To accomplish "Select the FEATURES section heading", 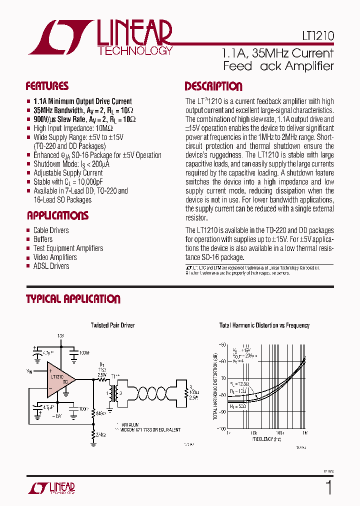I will [x=47, y=86].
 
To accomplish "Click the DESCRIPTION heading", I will [x=213, y=86].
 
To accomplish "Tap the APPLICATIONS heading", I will [x=57, y=215].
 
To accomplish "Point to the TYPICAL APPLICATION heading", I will [x=73, y=299].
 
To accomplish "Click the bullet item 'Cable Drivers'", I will [x=51, y=230].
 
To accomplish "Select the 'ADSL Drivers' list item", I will [x=51, y=266].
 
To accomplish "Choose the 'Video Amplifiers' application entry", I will [x=55, y=257].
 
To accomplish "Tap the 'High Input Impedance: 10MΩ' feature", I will [x=73, y=128].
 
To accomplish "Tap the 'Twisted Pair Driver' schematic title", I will [x=112, y=325].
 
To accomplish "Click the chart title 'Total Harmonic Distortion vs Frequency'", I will [x=264, y=325].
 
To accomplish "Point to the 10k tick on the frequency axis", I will [x=253, y=431].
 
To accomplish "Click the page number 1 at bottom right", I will [x=328, y=487].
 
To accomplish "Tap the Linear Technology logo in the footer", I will [x=50, y=487].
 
